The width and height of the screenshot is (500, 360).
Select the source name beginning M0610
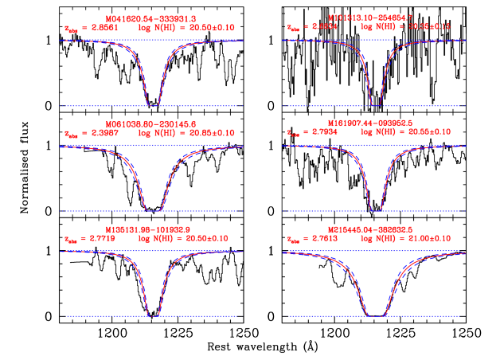[151, 123]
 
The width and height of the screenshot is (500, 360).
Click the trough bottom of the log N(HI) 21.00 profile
[376, 315]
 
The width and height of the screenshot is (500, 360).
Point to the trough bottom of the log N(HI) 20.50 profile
[153, 315]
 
